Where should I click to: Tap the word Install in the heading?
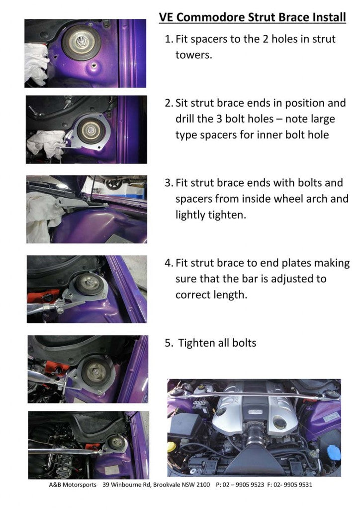click(326, 18)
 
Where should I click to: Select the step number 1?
click(168, 39)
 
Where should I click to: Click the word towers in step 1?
click(193, 55)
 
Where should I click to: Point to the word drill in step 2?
click(185, 119)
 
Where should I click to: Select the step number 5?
click(168, 343)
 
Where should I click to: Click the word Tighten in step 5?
click(196, 343)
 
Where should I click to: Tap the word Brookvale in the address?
click(166, 485)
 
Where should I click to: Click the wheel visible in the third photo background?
click(114, 183)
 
